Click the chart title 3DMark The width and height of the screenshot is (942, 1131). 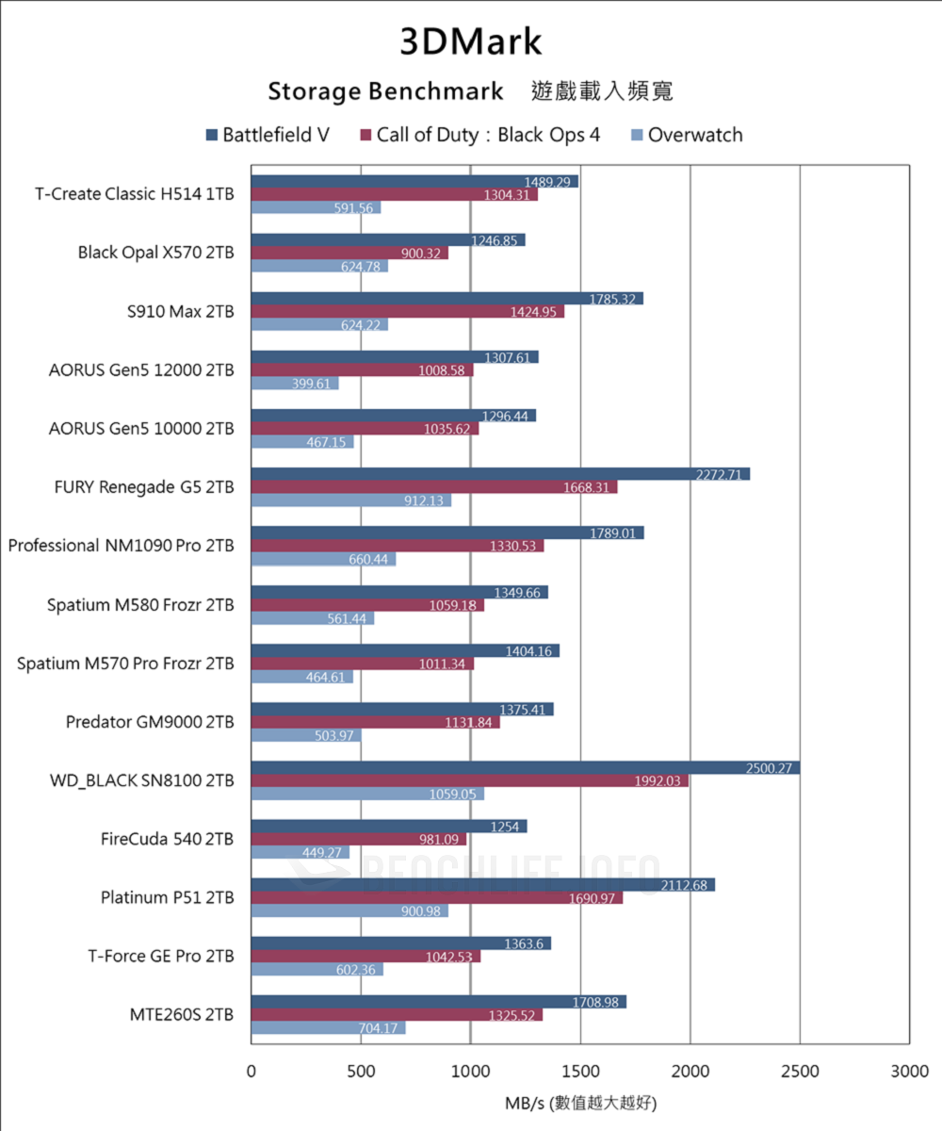tap(471, 42)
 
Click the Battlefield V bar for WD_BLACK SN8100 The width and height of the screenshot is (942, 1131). tap(525, 768)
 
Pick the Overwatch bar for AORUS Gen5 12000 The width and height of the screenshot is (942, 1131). tap(294, 384)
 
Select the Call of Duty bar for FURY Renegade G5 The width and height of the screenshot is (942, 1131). tap(433, 487)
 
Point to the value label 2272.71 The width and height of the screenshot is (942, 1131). tap(721, 474)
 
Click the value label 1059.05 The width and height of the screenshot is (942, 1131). tap(455, 795)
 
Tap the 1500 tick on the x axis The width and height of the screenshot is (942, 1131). tap(580, 1072)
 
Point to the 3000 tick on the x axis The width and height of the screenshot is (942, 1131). tap(909, 1072)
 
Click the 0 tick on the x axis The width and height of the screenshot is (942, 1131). tap(251, 1072)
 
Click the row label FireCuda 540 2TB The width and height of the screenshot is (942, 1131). tap(167, 839)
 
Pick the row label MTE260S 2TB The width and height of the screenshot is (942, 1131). tap(182, 1015)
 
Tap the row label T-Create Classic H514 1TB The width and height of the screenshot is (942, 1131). tap(135, 194)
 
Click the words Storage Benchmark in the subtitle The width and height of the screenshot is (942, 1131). tap(385, 91)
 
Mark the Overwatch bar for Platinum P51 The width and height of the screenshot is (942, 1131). tap(349, 910)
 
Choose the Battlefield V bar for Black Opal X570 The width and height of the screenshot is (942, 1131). tap(387, 239)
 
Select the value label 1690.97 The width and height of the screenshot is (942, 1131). tap(594, 898)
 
